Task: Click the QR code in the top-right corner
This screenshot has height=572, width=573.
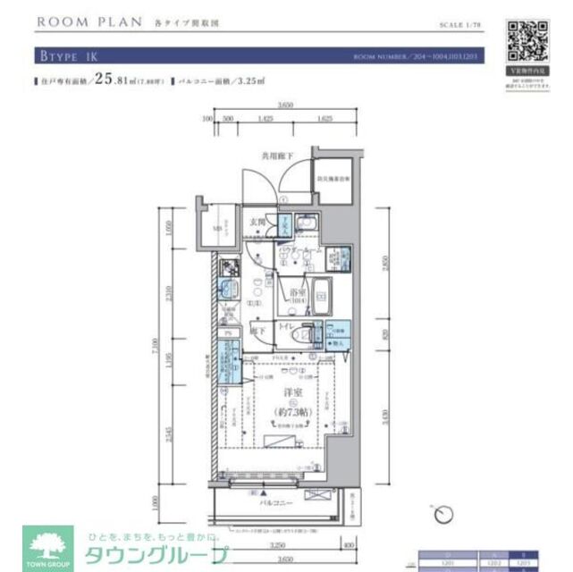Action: point(527,38)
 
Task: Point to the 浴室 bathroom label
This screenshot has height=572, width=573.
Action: point(297,292)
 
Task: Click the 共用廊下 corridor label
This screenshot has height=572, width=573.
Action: point(277,154)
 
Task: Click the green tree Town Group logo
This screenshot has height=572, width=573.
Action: point(47,546)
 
